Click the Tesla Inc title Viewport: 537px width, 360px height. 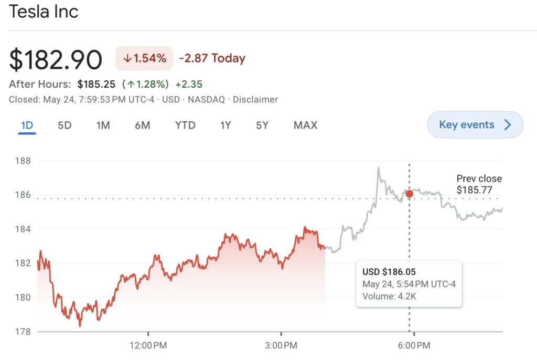pyautogui.click(x=44, y=12)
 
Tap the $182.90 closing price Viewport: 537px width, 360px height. pyautogui.click(x=56, y=59)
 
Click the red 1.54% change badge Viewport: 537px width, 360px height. pyautogui.click(x=144, y=58)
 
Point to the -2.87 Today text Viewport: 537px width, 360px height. pyautogui.click(x=212, y=58)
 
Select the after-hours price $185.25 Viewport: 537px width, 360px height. pyautogui.click(x=96, y=84)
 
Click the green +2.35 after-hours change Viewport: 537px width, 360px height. pyautogui.click(x=189, y=84)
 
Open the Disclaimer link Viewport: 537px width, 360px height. pyautogui.click(x=255, y=99)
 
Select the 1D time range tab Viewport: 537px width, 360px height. pyautogui.click(x=27, y=125)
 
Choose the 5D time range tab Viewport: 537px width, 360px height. pyautogui.click(x=65, y=125)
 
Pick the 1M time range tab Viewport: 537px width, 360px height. pyautogui.click(x=103, y=125)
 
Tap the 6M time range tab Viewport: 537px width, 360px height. pyautogui.click(x=142, y=125)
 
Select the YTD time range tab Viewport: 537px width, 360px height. pyautogui.click(x=185, y=125)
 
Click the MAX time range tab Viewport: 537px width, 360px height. pyautogui.click(x=305, y=125)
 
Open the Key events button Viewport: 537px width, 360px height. pyautogui.click(x=475, y=125)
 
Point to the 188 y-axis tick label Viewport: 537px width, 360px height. pyautogui.click(x=24, y=161)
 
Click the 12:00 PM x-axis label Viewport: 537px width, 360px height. pyautogui.click(x=149, y=345)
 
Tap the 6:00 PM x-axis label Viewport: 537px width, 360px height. pyautogui.click(x=414, y=345)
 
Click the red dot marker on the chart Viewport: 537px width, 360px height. pyautogui.click(x=409, y=194)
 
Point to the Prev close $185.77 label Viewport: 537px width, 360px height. pyautogui.click(x=479, y=184)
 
